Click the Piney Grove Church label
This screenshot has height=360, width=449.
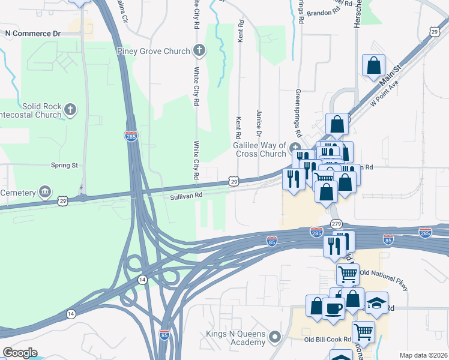[154, 52]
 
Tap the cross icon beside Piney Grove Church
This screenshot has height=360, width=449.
[199, 51]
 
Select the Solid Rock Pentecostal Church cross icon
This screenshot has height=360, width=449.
[71, 109]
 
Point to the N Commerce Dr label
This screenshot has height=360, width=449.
[33, 34]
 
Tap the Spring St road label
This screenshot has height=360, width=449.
[64, 165]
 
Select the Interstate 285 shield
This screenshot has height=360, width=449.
[131, 136]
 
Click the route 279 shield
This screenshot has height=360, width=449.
[336, 224]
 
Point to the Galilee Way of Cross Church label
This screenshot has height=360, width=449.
[259, 149]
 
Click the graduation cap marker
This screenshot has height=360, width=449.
[376, 303]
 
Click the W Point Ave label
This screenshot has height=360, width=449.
[384, 94]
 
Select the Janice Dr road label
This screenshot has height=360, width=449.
[259, 122]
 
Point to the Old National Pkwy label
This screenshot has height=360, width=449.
[384, 281]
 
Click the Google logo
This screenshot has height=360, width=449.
[20, 353]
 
